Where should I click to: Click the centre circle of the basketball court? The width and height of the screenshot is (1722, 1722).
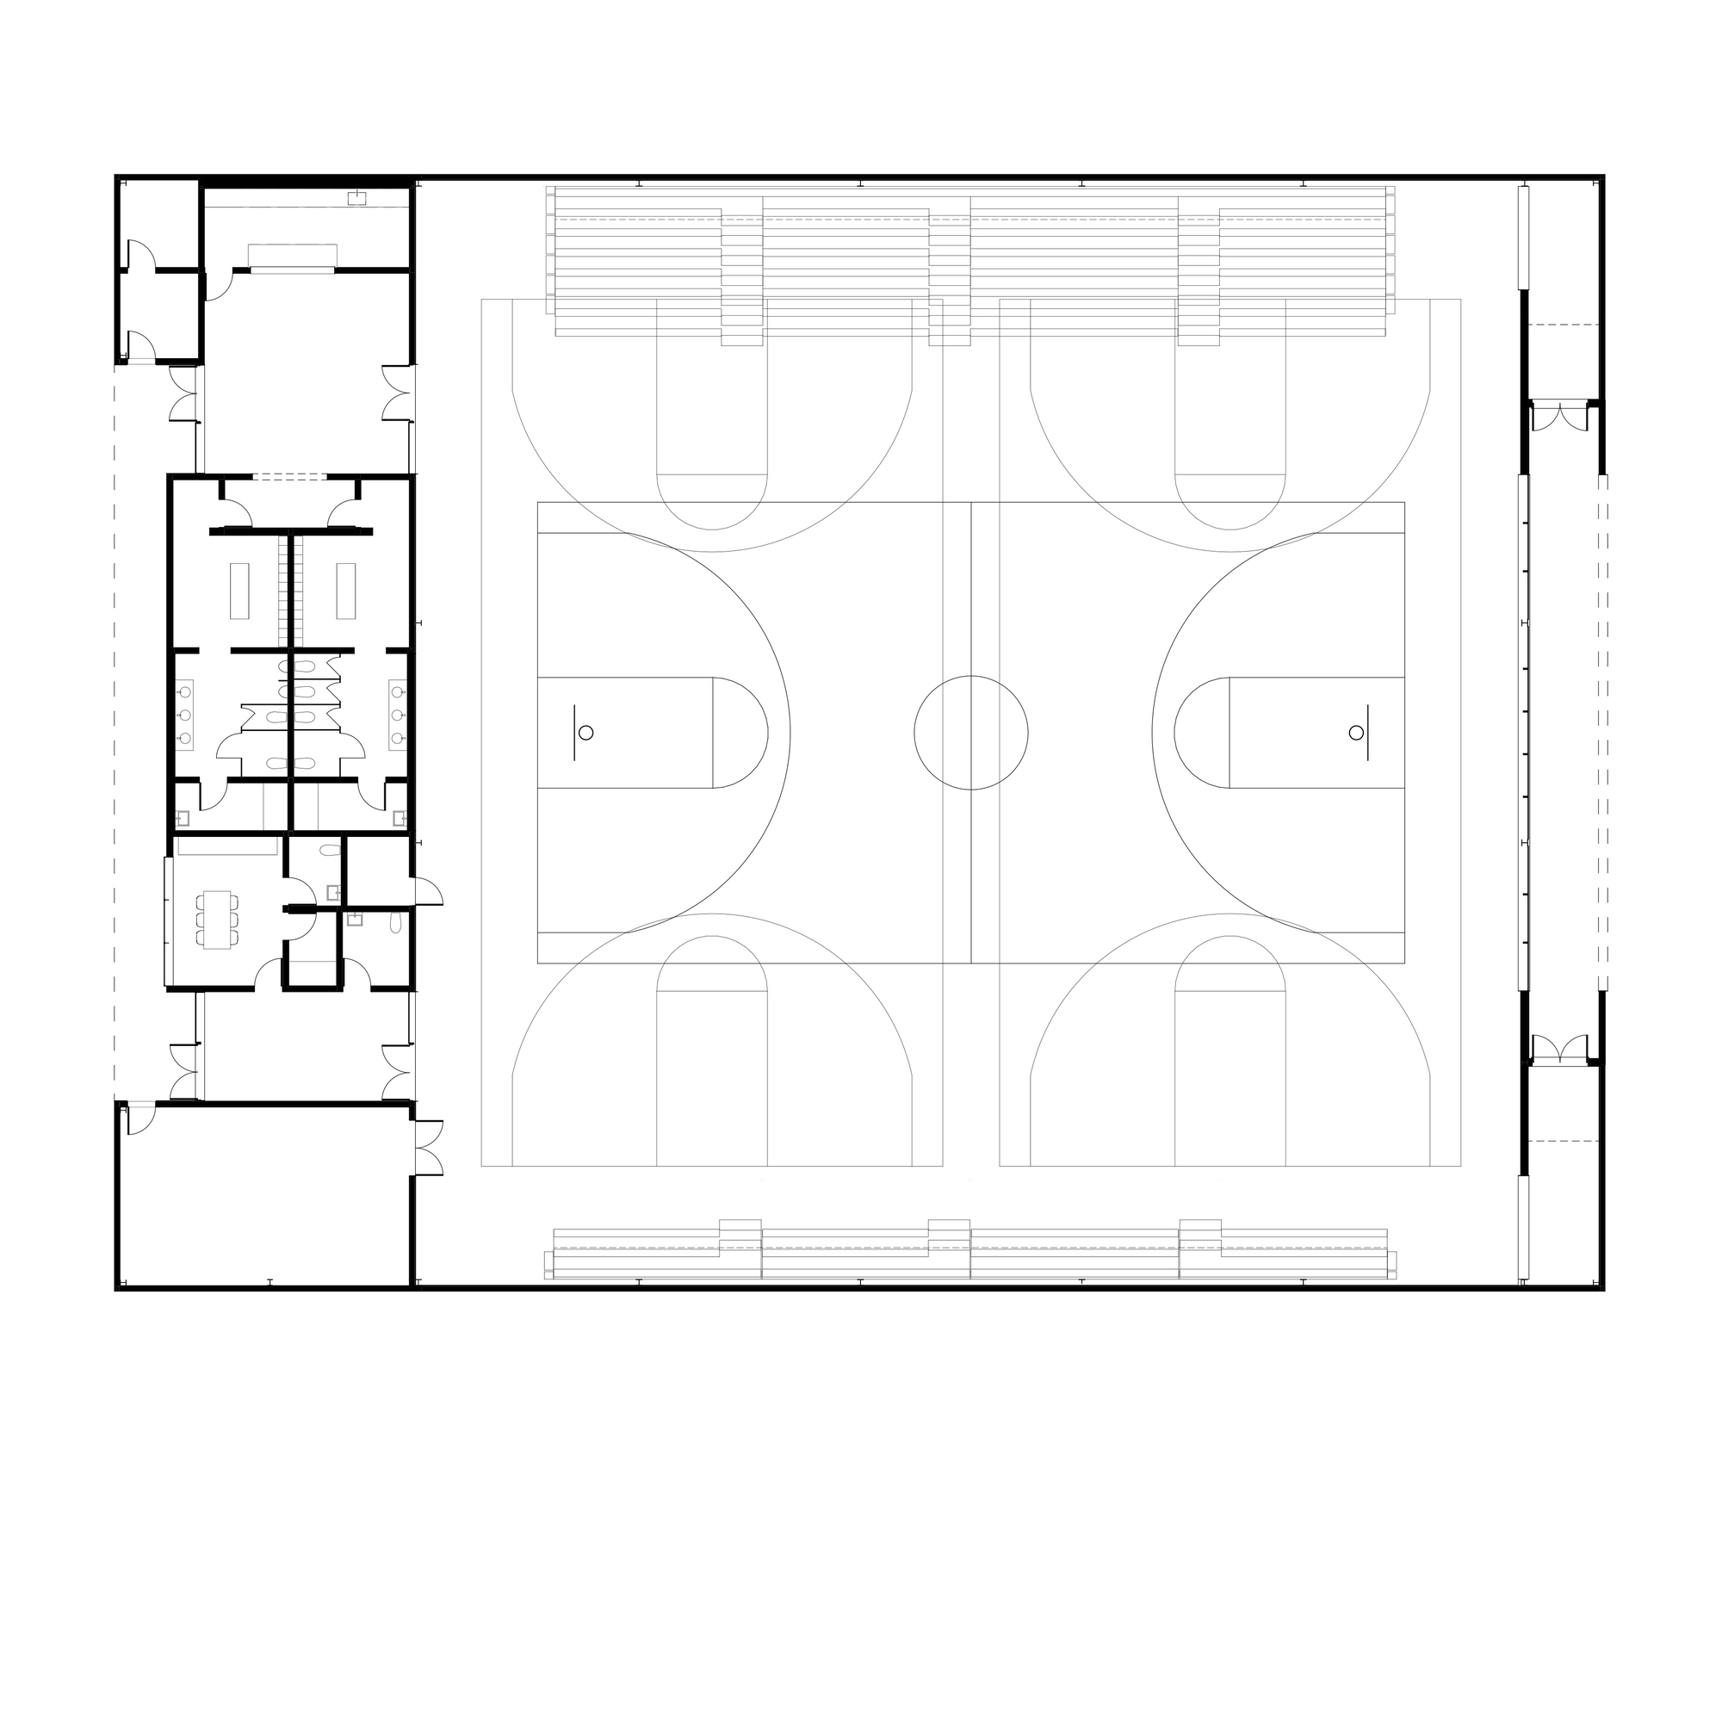pos(970,733)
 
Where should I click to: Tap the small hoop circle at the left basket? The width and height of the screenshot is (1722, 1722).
pos(585,733)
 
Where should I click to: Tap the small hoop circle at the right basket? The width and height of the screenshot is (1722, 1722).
pos(1356,733)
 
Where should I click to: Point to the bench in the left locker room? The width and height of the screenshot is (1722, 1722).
pos(238,590)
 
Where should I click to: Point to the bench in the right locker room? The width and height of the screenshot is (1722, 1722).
pos(346,590)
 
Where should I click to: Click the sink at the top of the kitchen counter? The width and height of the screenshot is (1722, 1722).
pos(357,198)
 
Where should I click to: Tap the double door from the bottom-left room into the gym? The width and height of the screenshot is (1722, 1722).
pos(429,1147)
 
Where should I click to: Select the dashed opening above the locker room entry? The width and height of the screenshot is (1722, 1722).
pos(289,478)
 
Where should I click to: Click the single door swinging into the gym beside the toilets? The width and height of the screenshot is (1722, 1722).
pos(429,891)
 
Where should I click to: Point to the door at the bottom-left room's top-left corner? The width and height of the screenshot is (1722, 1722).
pos(140,1118)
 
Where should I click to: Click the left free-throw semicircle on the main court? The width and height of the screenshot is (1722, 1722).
pos(740,733)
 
